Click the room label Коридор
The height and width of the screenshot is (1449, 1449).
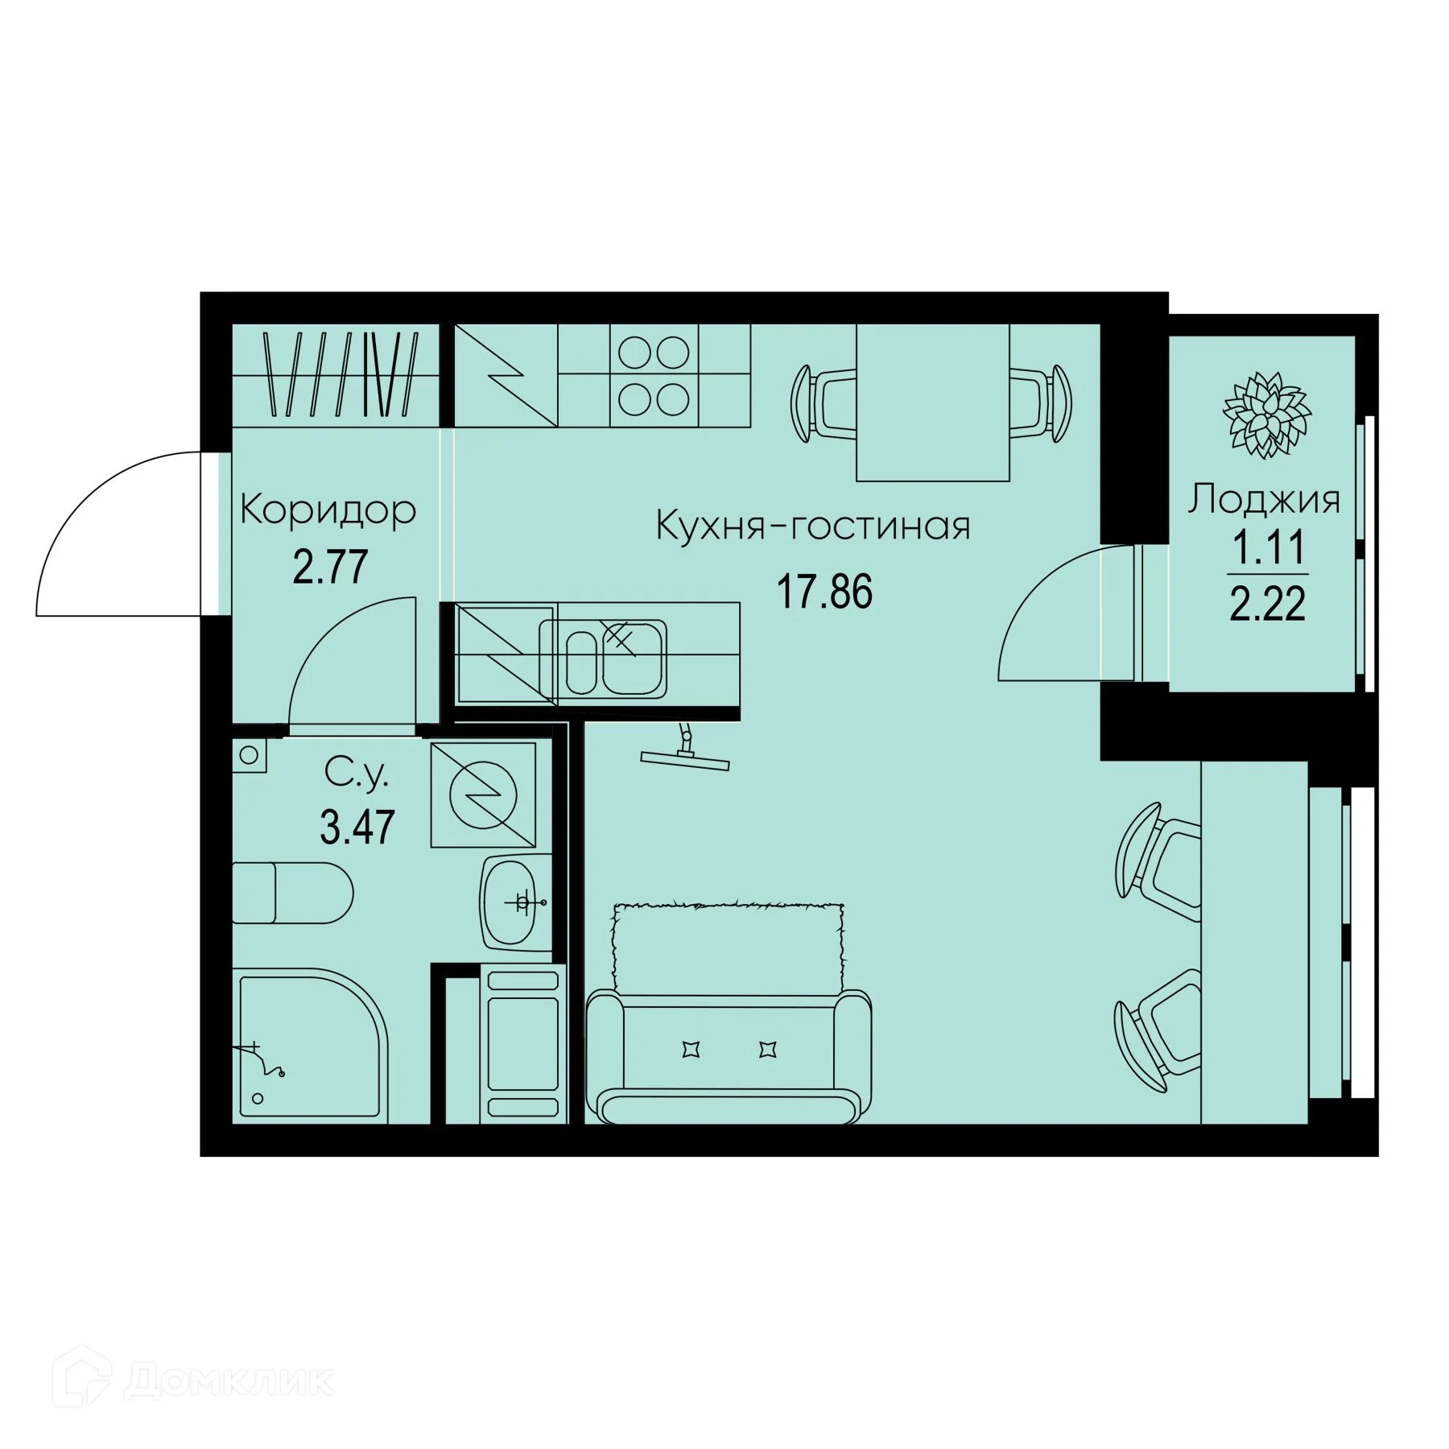(328, 510)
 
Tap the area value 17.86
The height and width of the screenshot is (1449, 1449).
(824, 592)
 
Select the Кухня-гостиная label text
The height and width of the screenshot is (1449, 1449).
(813, 526)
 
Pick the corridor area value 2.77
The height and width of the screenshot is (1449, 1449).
(330, 567)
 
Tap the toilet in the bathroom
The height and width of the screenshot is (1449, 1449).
(293, 894)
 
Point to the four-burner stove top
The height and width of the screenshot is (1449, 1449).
(654, 374)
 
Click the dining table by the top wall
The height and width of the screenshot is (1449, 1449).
(932, 401)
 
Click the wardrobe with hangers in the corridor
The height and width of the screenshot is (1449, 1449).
(336, 374)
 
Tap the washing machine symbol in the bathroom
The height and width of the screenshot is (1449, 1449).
(484, 795)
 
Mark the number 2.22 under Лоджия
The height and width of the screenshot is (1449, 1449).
(1267, 604)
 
